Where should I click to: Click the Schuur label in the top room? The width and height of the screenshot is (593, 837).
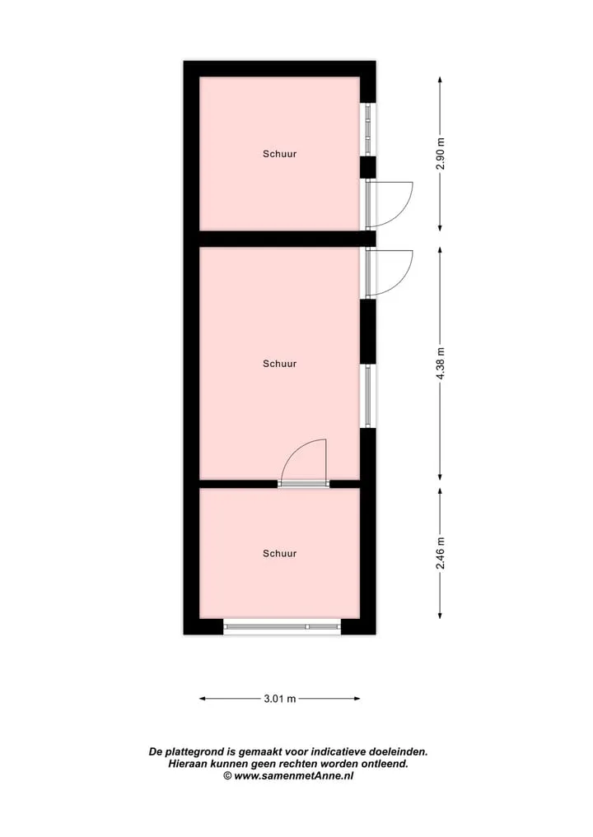tap(279, 154)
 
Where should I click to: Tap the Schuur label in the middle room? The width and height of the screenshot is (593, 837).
tap(279, 364)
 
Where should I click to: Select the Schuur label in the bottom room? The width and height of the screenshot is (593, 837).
tap(279, 554)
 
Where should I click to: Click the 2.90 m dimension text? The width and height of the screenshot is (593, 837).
tap(440, 154)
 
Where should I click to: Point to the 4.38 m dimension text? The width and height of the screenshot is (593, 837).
tap(440, 364)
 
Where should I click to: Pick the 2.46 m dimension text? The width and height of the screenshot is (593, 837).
tap(440, 554)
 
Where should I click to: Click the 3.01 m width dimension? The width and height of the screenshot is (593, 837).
tap(279, 698)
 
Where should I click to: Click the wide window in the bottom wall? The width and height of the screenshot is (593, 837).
tap(282, 626)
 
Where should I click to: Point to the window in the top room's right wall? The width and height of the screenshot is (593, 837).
tap(367, 129)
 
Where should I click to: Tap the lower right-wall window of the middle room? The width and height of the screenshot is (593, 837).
tap(367, 396)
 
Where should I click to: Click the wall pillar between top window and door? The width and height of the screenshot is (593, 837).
tap(367, 167)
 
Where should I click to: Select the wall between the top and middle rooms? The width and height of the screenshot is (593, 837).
tap(279, 239)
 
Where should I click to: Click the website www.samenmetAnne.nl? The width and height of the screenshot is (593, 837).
tap(293, 776)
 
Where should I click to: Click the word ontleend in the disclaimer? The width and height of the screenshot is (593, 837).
tap(384, 764)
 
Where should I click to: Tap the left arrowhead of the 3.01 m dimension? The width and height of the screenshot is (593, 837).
tap(203, 698)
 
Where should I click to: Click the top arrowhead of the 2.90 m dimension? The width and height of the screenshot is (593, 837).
tap(440, 80)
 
